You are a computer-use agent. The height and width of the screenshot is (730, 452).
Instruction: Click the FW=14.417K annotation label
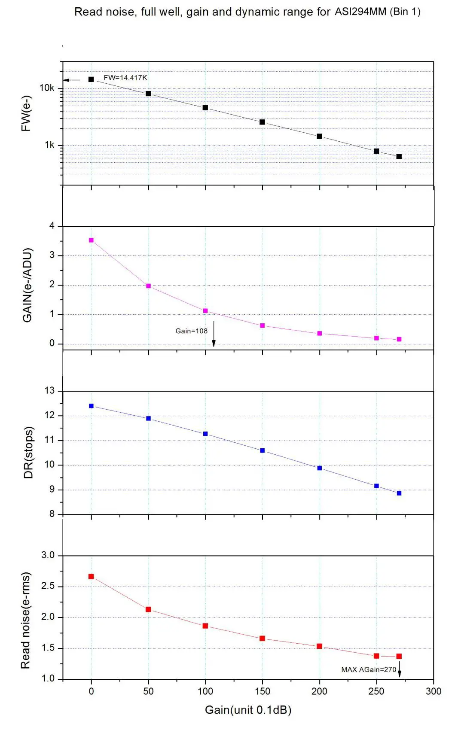[125, 78]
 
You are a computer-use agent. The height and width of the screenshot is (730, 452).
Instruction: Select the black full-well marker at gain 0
[91, 79]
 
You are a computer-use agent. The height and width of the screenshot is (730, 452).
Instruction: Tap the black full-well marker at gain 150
[262, 122]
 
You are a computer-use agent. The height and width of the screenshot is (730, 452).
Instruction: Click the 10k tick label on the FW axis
[47, 88]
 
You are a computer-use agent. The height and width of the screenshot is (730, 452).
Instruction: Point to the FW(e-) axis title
[27, 113]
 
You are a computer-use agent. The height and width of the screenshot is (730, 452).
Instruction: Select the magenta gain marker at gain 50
[148, 286]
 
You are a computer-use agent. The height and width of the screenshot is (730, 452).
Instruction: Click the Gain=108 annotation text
[191, 331]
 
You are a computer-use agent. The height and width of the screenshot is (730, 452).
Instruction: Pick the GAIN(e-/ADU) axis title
[27, 285]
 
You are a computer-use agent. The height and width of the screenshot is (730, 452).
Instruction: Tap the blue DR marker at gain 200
[319, 468]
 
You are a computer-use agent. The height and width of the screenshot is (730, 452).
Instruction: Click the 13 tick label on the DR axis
[50, 391]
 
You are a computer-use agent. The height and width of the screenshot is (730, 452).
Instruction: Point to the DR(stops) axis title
[28, 453]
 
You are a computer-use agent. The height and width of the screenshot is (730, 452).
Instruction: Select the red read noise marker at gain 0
[91, 577]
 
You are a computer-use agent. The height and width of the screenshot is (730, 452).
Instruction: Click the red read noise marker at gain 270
[399, 656]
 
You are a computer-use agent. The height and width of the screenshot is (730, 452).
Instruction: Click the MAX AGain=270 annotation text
[369, 670]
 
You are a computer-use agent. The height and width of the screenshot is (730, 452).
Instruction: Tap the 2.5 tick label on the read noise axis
[48, 586]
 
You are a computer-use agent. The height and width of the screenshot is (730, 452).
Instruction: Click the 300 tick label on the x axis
[433, 691]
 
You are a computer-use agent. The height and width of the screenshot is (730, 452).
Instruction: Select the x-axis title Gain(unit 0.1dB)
[248, 710]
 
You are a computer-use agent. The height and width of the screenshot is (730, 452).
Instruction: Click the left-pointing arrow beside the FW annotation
[72, 80]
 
